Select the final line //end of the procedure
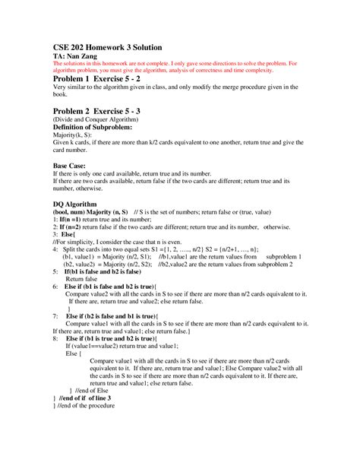[x=84, y=405]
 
